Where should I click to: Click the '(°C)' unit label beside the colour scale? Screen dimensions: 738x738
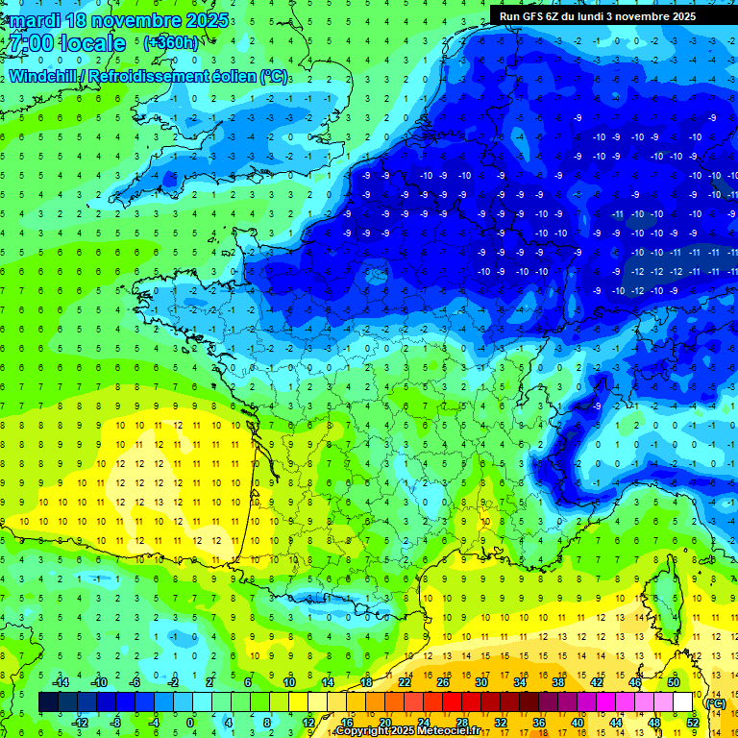click(x=714, y=702)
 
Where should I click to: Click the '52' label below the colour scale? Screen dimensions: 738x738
click(x=693, y=722)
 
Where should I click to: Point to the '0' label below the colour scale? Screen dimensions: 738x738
click(x=190, y=722)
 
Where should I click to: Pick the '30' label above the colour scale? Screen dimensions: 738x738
click(x=481, y=682)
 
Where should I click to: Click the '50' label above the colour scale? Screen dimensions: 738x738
click(x=673, y=682)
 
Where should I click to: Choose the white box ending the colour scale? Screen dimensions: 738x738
click(x=682, y=701)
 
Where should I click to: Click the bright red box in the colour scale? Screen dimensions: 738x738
click(x=452, y=701)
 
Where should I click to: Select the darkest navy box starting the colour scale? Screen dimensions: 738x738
click(x=48, y=701)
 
